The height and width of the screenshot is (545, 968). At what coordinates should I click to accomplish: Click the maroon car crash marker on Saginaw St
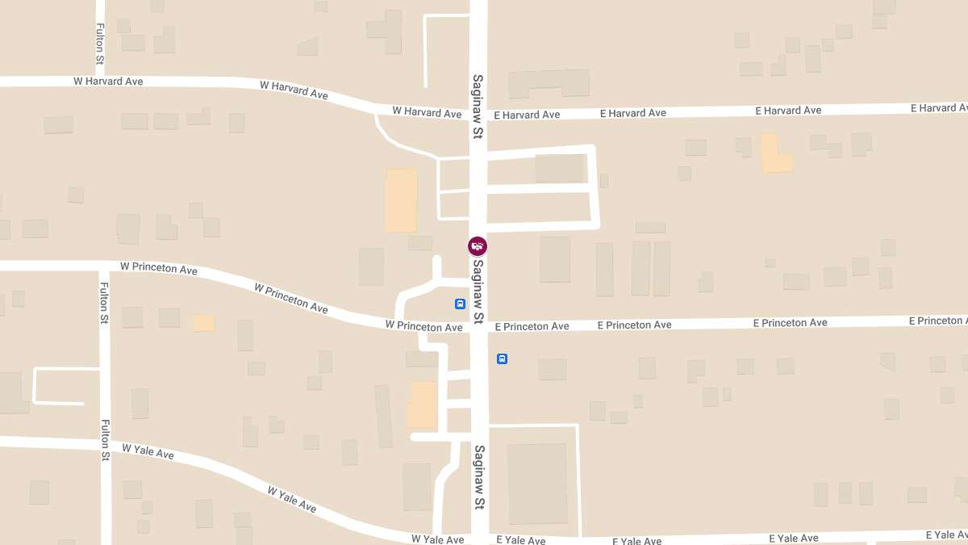(x=478, y=246)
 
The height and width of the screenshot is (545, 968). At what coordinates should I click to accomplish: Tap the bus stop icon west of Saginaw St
(x=460, y=304)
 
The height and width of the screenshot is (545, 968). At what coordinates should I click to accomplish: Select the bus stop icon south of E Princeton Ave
(x=502, y=358)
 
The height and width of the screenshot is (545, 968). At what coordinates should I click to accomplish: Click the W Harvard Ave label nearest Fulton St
(x=108, y=82)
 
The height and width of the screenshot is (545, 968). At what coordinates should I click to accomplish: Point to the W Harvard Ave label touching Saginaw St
(x=427, y=112)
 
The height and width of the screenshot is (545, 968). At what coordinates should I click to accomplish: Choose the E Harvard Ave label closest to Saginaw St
(x=527, y=115)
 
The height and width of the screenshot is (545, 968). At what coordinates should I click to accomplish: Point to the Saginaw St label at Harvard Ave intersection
(x=478, y=107)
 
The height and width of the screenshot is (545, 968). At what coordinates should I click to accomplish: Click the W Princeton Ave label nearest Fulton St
(x=159, y=267)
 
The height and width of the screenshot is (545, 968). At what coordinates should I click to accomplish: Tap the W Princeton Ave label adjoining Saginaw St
(x=423, y=326)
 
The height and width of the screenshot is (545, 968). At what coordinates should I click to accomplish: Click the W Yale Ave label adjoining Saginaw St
(x=437, y=539)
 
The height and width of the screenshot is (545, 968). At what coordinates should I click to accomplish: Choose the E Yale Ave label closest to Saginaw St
(x=520, y=540)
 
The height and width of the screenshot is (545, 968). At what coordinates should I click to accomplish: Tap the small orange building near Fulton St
(x=203, y=323)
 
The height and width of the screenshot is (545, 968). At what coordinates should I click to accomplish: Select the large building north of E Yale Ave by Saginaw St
(x=536, y=483)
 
